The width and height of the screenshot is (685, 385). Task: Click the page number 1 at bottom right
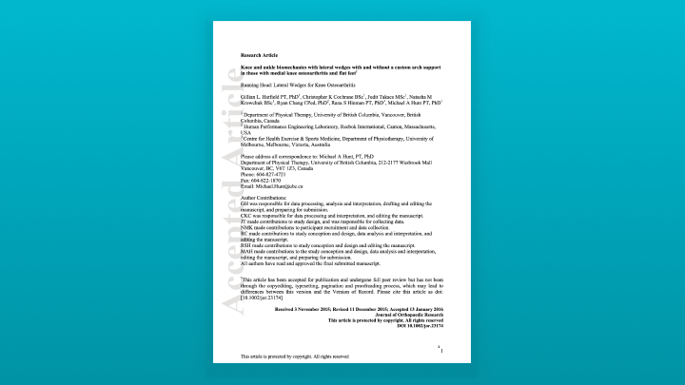click(442, 351)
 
